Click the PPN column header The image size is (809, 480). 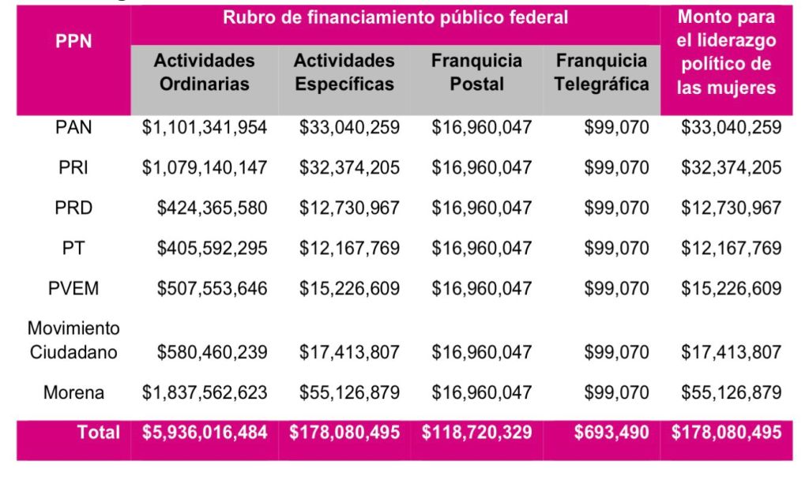[x=73, y=42]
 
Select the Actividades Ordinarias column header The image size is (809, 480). [x=205, y=72]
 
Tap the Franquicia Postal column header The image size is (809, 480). [x=476, y=72]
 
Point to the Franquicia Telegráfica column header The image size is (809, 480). [x=601, y=72]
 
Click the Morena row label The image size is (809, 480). [x=73, y=392]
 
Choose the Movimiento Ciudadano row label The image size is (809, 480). [x=73, y=339]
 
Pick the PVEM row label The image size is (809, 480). [x=73, y=288]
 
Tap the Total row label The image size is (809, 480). [x=99, y=432]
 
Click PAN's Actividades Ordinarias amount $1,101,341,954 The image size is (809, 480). [x=205, y=126]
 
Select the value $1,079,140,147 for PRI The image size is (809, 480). [x=205, y=167]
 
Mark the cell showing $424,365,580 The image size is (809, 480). [x=212, y=208]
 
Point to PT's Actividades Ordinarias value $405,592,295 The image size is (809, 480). [x=212, y=249]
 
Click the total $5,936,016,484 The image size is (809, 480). [x=205, y=432]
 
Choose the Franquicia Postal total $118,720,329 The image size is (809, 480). [x=476, y=432]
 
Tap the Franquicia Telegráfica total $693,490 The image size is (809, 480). [x=611, y=432]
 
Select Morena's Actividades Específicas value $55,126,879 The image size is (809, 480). [x=349, y=392]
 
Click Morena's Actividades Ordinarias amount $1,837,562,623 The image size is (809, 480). [x=205, y=392]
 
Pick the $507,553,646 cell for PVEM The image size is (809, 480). [x=212, y=288]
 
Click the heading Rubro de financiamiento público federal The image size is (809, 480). [x=395, y=17]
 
